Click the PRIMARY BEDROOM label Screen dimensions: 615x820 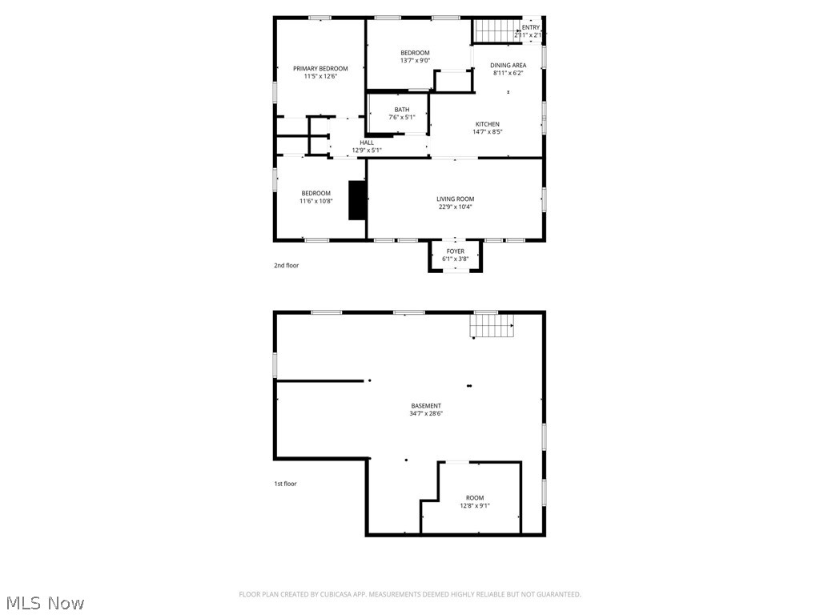pyautogui.click(x=320, y=69)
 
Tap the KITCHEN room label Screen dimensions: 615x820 pyautogui.click(x=487, y=124)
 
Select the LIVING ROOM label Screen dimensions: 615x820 pyautogui.click(x=455, y=199)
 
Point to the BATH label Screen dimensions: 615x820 pyautogui.click(x=401, y=110)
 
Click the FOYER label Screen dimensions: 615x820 pyautogui.click(x=455, y=251)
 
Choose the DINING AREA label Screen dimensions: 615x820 pyautogui.click(x=508, y=66)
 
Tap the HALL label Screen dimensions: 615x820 pyautogui.click(x=367, y=143)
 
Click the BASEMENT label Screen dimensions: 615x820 pyautogui.click(x=426, y=406)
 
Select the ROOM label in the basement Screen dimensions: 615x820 pyautogui.click(x=475, y=498)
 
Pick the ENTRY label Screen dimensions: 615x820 pyautogui.click(x=530, y=27)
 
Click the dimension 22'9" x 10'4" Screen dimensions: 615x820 pyautogui.click(x=455, y=207)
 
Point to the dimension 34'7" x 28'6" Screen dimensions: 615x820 pyautogui.click(x=426, y=414)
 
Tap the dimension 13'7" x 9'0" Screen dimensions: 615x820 pyautogui.click(x=415, y=60)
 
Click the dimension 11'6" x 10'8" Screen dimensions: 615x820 pyautogui.click(x=316, y=201)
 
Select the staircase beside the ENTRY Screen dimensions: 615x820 pyautogui.click(x=493, y=30)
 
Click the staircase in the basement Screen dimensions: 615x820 pyautogui.click(x=491, y=325)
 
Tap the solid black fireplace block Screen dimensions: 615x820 pyautogui.click(x=357, y=199)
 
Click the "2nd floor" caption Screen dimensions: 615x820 pyautogui.click(x=286, y=265)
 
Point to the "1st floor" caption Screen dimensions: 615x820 pyautogui.click(x=285, y=484)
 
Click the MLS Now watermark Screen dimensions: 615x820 pyautogui.click(x=45, y=602)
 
